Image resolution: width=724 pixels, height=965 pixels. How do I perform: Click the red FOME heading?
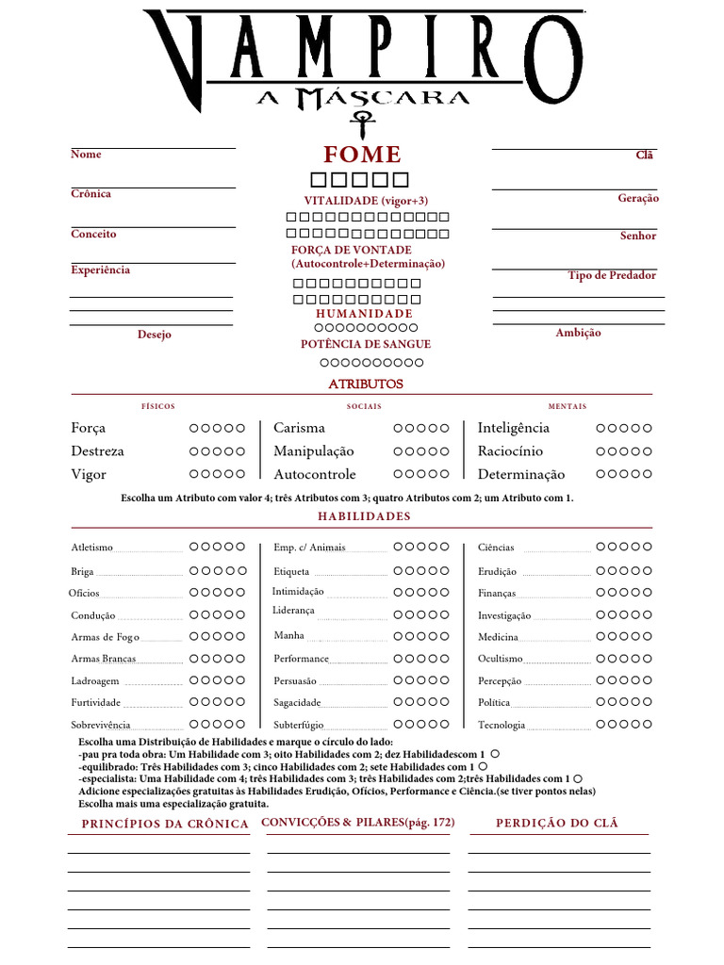[363, 155]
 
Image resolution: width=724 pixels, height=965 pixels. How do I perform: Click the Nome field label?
[86, 155]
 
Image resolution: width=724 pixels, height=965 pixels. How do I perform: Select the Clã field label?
[645, 155]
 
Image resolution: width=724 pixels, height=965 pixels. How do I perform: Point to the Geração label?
[638, 199]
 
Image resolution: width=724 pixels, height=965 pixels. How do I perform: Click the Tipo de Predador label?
[612, 275]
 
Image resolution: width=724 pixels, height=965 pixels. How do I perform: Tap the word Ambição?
[578, 333]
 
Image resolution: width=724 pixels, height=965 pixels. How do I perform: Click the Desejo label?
[155, 335]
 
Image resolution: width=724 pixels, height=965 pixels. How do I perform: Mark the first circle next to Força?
[194, 429]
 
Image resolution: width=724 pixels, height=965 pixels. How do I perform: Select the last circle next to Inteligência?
[648, 429]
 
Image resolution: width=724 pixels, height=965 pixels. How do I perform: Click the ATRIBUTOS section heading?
[366, 384]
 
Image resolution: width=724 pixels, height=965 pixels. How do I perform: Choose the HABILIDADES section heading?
[364, 516]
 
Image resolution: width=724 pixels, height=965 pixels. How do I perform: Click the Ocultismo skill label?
[501, 659]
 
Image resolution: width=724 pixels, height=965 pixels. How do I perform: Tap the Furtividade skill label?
[95, 703]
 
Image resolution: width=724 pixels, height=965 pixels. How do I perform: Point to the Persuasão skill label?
[295, 680]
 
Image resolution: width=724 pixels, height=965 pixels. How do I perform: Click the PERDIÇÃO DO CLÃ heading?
[557, 824]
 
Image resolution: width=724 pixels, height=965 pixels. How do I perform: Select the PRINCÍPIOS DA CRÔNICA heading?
[165, 825]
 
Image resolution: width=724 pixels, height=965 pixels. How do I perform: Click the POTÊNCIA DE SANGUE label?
[366, 345]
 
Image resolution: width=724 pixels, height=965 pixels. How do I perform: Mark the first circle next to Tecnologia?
[601, 724]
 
